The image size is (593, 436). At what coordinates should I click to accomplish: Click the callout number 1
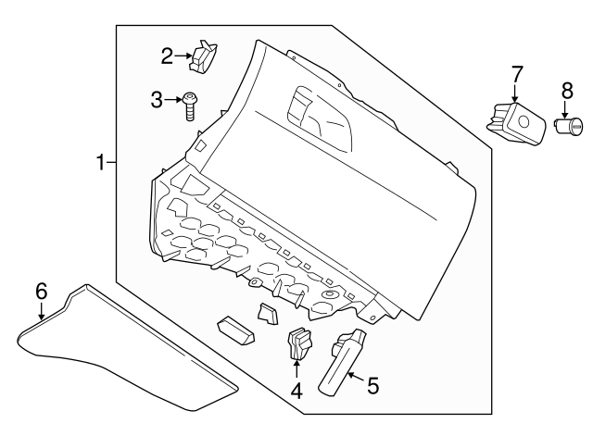point(101,163)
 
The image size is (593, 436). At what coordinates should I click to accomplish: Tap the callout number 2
point(167,56)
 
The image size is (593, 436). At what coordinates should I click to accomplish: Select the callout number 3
point(157,100)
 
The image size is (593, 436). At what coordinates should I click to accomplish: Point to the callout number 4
point(296,391)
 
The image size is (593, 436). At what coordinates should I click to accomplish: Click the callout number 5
point(372,386)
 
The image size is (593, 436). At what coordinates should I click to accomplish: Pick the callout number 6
point(41,292)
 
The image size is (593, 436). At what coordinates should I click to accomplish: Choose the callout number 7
point(517,74)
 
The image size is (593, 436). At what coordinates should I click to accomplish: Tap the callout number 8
point(567,91)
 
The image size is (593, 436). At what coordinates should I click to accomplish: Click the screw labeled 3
point(189,107)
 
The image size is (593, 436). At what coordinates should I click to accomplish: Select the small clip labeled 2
point(203,56)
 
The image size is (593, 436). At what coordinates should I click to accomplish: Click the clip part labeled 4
point(300,343)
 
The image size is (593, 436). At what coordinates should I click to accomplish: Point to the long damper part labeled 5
point(342,363)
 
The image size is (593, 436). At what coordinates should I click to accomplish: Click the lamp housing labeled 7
point(517,123)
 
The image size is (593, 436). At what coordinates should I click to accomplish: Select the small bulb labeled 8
point(568,126)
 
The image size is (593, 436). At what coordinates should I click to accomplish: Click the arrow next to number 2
point(183,56)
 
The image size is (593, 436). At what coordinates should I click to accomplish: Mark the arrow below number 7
point(515,93)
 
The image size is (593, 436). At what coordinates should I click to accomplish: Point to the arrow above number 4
point(296,368)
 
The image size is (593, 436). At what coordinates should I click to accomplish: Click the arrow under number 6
point(41,311)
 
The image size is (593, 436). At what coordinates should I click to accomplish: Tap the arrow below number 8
point(565,109)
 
